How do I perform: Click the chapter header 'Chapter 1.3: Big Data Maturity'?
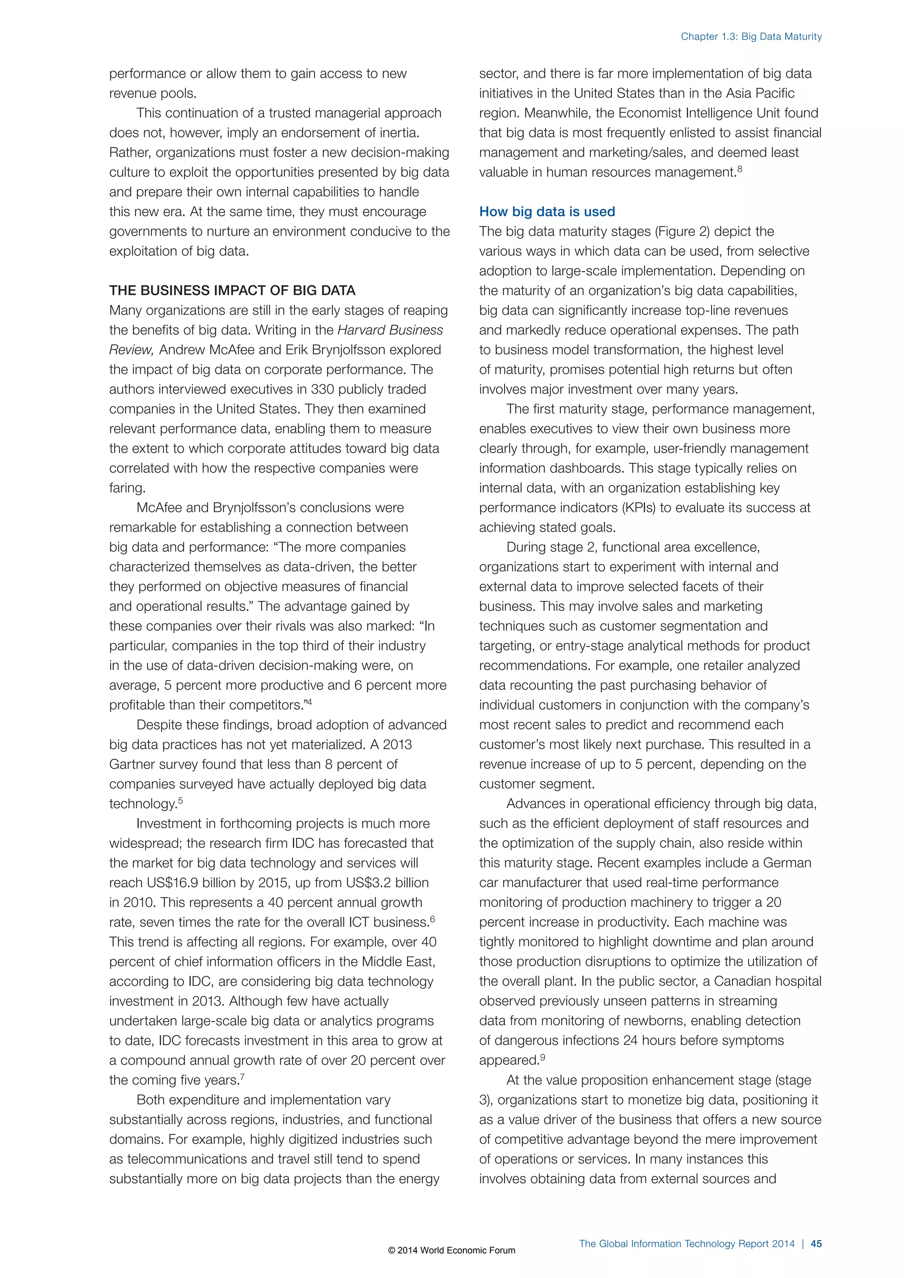click(751, 37)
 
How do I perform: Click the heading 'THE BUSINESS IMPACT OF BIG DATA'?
click(232, 290)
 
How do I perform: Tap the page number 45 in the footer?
click(816, 1244)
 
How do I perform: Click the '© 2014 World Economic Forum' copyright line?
click(452, 1250)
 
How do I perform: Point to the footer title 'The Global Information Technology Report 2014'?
click(686, 1244)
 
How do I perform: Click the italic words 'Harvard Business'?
click(390, 330)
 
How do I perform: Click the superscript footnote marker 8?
click(739, 169)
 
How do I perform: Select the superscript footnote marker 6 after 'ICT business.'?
click(433, 918)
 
